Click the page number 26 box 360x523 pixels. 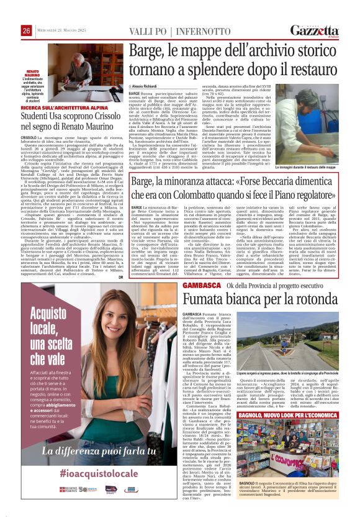pyautogui.click(x=27, y=31)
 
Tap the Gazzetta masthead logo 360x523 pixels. pyautogui.click(x=324, y=30)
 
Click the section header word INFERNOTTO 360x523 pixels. pyautogui.click(x=205, y=32)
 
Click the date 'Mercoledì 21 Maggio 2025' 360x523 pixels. pyautogui.click(x=61, y=32)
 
